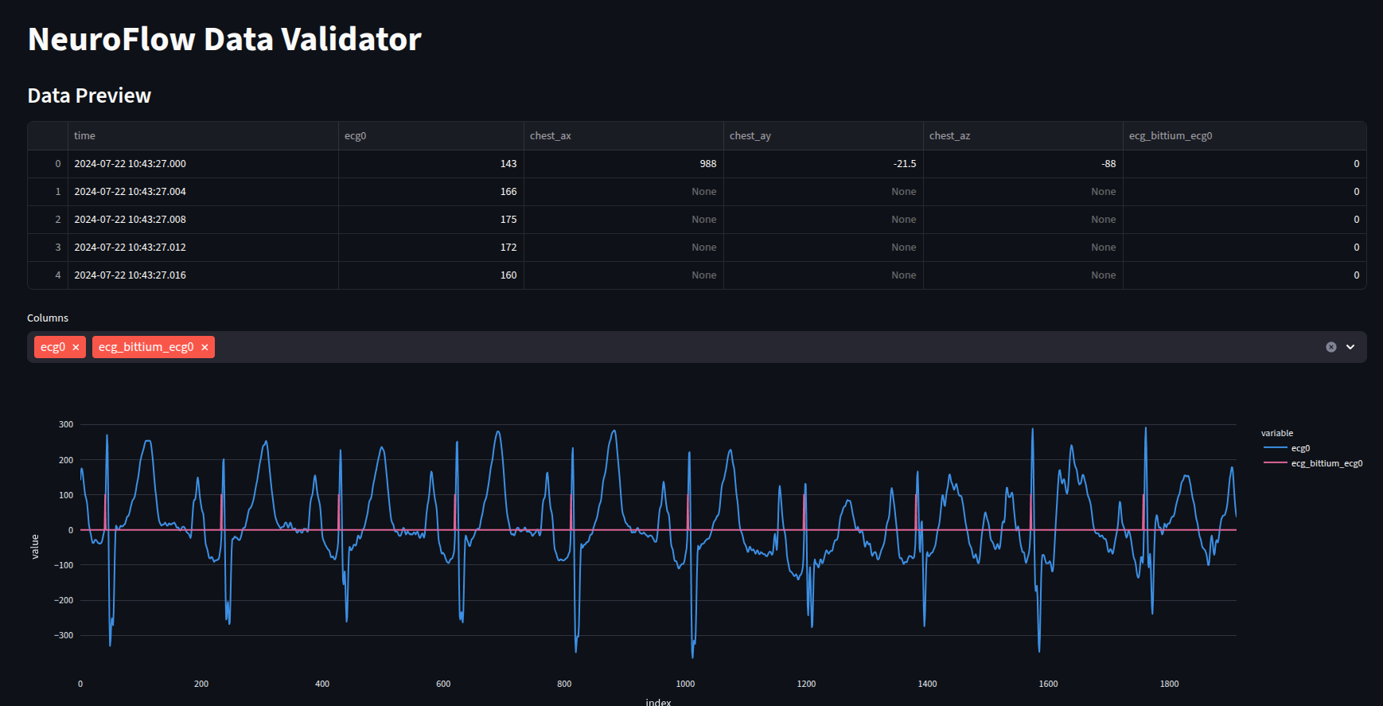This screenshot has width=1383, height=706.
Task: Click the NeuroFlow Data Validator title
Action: pyautogui.click(x=224, y=40)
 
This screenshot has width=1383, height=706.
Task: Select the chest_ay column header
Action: pyautogui.click(x=750, y=136)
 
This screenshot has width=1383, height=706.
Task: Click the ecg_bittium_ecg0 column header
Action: pyautogui.click(x=1170, y=136)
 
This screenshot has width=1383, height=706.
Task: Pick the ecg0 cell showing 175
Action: pyautogui.click(x=508, y=220)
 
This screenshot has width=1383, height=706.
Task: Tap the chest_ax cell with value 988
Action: pyautogui.click(x=707, y=164)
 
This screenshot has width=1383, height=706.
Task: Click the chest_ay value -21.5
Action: pyautogui.click(x=904, y=164)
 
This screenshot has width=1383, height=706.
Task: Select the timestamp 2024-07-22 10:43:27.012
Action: pyautogui.click(x=130, y=248)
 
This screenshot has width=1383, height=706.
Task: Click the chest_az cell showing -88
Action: pyautogui.click(x=1108, y=164)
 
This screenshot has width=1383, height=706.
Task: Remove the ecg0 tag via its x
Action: pyautogui.click(x=76, y=348)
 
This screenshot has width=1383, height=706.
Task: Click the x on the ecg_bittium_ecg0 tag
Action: pyautogui.click(x=205, y=348)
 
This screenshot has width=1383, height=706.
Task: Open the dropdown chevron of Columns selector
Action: pyautogui.click(x=1350, y=347)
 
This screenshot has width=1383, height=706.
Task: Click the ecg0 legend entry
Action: pyautogui.click(x=1299, y=448)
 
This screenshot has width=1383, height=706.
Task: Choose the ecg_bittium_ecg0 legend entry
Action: pyautogui.click(x=1326, y=463)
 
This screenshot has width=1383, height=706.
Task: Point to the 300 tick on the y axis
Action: pyautogui.click(x=66, y=424)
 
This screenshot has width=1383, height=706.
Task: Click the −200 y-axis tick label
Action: pyautogui.click(x=64, y=600)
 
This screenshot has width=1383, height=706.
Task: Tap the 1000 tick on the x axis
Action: pyautogui.click(x=685, y=684)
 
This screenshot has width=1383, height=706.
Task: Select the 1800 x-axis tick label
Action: pyautogui.click(x=1169, y=684)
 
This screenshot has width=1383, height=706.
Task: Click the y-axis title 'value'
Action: pyautogui.click(x=35, y=547)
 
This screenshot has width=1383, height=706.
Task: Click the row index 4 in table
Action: pyautogui.click(x=58, y=275)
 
